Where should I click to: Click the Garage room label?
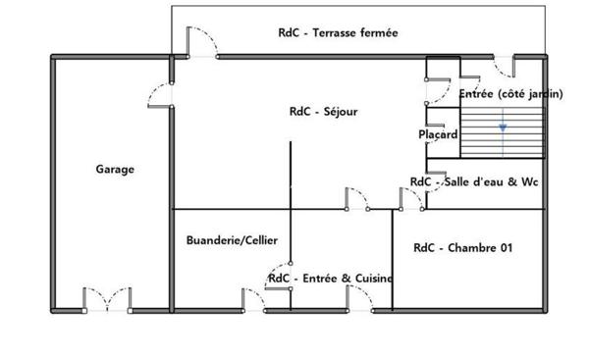115,169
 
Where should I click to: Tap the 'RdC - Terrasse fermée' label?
338,32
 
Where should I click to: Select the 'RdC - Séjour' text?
323,112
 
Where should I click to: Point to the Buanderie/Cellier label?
232,239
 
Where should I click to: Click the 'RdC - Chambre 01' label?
462,248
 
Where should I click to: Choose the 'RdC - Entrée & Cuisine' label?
330,279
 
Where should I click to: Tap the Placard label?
438,135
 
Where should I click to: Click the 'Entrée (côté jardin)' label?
510,94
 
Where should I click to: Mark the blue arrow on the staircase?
503,127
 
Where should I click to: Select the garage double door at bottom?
106,299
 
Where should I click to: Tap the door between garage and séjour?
159,94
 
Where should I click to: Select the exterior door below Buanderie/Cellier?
251,300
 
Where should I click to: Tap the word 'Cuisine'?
373,279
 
